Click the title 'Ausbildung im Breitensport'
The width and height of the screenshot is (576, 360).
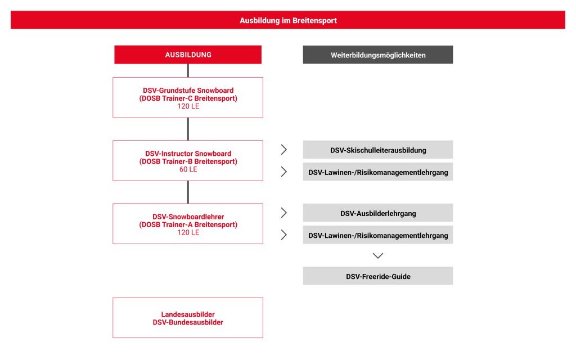(x=288, y=20)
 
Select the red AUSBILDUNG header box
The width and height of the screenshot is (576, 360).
(x=188, y=55)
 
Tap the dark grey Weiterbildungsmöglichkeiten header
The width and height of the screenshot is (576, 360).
(x=377, y=55)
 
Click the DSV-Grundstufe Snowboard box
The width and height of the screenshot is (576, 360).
(x=188, y=97)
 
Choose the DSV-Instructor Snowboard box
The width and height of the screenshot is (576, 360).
(x=188, y=160)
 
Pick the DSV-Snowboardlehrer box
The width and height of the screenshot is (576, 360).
(x=188, y=223)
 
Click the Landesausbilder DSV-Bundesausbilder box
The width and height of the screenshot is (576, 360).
(x=188, y=318)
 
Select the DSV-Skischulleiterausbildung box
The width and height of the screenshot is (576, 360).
(x=377, y=150)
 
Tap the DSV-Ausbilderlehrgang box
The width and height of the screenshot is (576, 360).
(x=377, y=213)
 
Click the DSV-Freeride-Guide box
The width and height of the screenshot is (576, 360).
(x=377, y=276)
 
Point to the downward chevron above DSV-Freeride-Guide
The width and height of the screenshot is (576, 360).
(x=378, y=255)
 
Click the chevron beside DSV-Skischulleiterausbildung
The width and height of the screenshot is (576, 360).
(x=284, y=150)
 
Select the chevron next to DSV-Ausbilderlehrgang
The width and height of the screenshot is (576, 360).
(x=284, y=213)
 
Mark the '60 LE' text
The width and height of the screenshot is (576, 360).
(x=188, y=169)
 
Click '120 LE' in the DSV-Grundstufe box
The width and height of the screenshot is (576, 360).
(x=188, y=106)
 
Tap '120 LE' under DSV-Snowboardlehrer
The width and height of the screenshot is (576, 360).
(x=188, y=232)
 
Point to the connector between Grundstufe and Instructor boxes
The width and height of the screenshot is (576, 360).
(x=188, y=129)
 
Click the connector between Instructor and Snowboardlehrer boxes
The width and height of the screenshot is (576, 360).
(x=188, y=192)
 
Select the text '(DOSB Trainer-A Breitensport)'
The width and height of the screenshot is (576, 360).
(x=188, y=224)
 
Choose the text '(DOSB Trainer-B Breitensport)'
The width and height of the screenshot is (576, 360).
(x=188, y=161)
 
